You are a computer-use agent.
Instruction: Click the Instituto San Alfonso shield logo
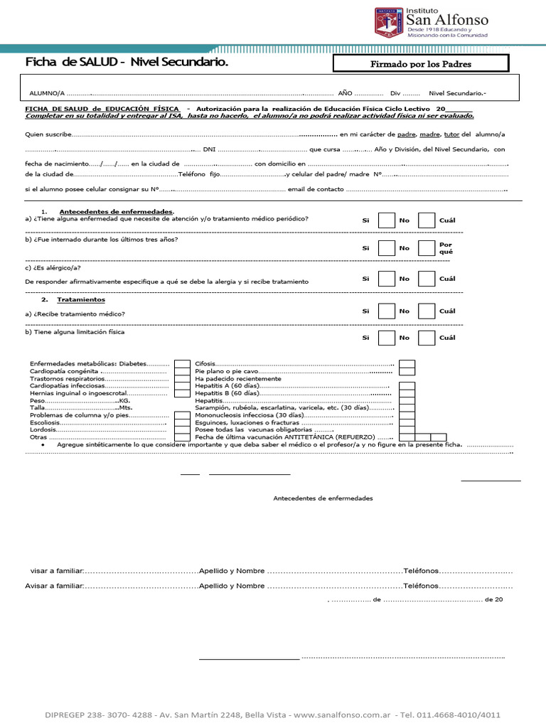click(x=389, y=21)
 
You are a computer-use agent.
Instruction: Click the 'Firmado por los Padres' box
click(x=421, y=64)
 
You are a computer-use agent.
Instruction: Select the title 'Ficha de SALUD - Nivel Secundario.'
click(x=127, y=63)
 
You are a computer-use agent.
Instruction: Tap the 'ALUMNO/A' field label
click(x=47, y=93)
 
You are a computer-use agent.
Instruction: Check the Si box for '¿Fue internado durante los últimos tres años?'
click(x=386, y=248)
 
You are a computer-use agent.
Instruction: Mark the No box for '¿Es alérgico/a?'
click(x=427, y=279)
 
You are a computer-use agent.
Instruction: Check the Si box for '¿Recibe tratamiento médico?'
click(x=386, y=311)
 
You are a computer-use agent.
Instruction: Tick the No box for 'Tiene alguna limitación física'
click(x=427, y=338)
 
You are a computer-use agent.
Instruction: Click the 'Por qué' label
click(x=446, y=248)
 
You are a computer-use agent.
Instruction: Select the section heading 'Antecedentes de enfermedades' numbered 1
click(x=116, y=212)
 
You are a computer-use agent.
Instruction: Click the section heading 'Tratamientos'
click(x=82, y=300)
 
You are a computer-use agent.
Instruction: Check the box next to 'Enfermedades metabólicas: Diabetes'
click(x=182, y=364)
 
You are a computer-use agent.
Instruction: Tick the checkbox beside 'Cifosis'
click(x=407, y=364)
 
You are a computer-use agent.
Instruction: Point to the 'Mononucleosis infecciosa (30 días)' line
click(x=245, y=415)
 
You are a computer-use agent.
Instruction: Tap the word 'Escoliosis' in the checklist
click(x=45, y=422)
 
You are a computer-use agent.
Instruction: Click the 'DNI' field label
click(x=209, y=150)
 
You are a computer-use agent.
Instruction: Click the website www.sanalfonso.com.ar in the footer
click(x=342, y=714)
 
